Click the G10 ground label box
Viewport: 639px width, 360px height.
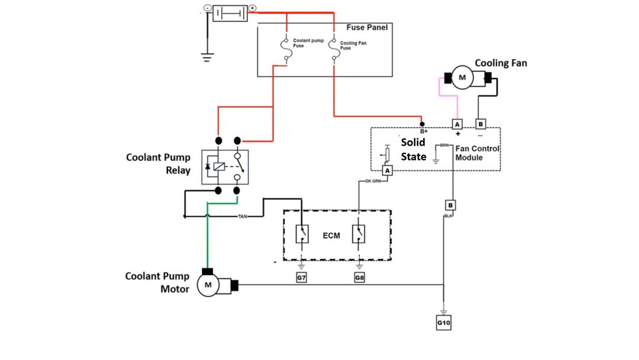point(443,323)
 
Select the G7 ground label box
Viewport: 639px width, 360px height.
point(302,277)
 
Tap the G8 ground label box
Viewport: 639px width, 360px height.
point(360,277)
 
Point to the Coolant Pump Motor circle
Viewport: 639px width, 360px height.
point(208,287)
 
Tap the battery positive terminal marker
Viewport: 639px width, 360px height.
point(252,8)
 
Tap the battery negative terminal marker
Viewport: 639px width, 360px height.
point(207,8)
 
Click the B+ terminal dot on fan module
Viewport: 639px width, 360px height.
point(422,124)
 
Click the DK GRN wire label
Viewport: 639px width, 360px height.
point(373,181)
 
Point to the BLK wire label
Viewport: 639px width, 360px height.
point(448,217)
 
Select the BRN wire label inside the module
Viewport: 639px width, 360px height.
point(445,145)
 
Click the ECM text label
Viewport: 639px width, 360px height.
point(331,236)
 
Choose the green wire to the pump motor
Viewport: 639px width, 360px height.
point(208,237)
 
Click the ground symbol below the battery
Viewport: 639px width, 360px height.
point(207,57)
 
